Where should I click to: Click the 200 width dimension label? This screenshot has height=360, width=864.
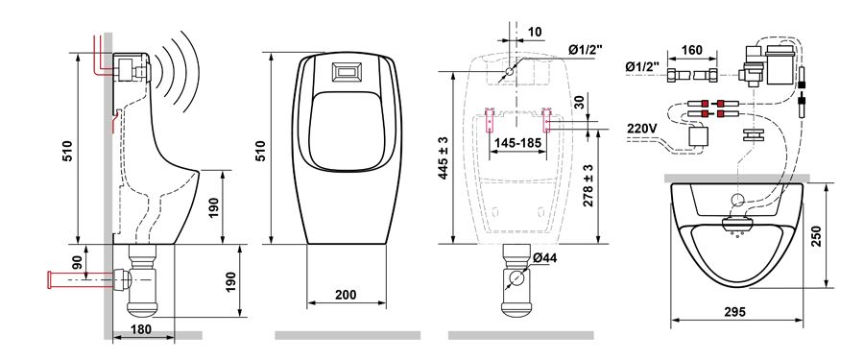[346, 295]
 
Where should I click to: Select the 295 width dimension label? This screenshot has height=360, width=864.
[734, 312]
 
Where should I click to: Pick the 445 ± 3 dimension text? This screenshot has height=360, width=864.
[444, 158]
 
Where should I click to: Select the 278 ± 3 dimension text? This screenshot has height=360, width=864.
[588, 185]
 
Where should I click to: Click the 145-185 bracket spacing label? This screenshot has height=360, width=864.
[517, 143]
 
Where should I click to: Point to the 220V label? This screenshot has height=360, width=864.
[642, 128]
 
